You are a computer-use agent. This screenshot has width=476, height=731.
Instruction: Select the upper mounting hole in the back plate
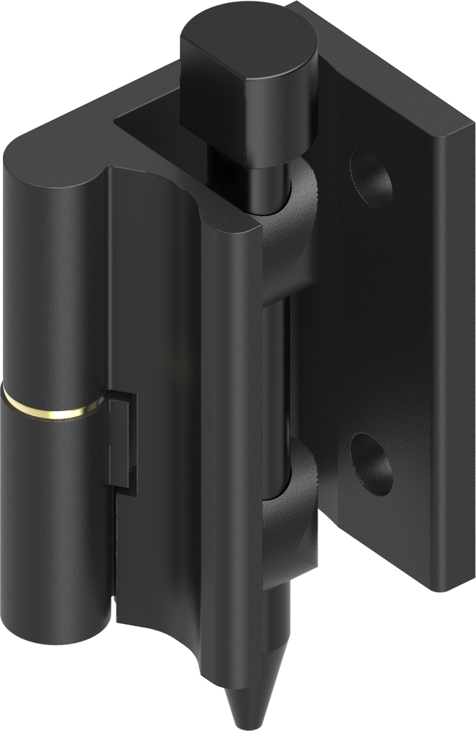tap(370, 177)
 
